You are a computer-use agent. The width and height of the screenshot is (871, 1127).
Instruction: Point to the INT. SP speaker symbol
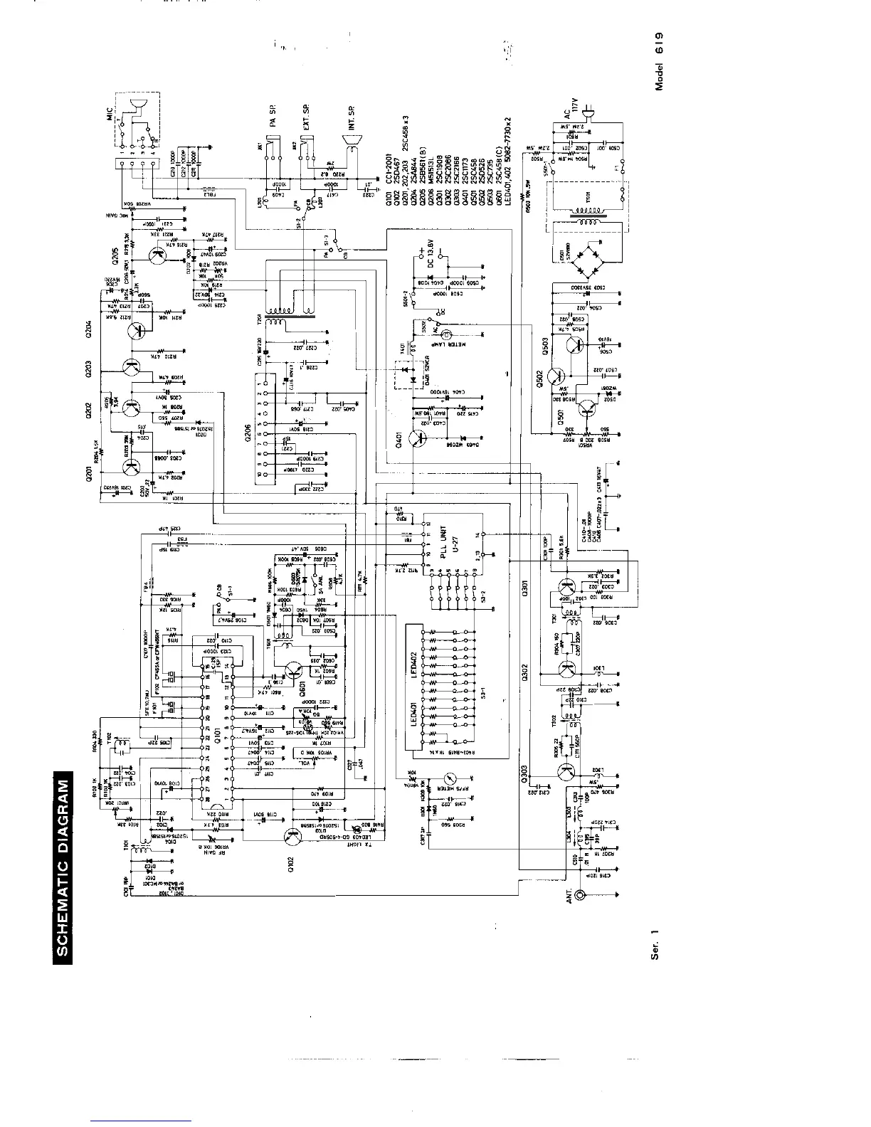click(350, 151)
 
